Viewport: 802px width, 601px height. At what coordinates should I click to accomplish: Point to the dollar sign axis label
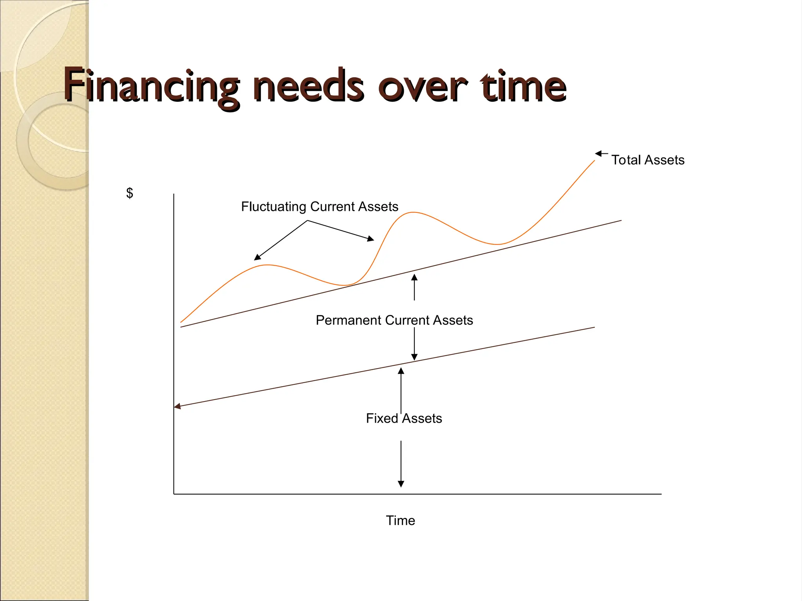[x=130, y=193]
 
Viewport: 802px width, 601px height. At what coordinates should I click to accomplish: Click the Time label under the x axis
[x=400, y=520]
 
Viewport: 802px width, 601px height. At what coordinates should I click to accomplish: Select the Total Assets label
[x=648, y=160]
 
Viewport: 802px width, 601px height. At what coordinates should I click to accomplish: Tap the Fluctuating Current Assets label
[x=320, y=207]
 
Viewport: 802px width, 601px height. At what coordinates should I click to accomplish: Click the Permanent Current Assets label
[x=394, y=320]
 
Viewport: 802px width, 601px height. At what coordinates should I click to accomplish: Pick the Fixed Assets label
[x=404, y=418]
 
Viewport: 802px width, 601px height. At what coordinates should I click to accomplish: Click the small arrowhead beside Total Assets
[x=598, y=153]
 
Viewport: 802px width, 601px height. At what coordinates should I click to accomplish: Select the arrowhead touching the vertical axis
[x=177, y=407]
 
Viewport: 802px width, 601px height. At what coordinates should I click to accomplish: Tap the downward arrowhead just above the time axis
[x=401, y=484]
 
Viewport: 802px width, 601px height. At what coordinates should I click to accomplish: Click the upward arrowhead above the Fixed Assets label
[x=401, y=371]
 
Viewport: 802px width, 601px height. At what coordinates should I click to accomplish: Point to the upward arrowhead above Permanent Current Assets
[x=414, y=277]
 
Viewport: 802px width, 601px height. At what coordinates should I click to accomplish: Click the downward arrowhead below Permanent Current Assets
[x=414, y=357]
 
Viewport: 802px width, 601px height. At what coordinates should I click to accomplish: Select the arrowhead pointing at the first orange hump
[x=257, y=257]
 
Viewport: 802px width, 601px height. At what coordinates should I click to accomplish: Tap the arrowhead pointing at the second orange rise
[x=370, y=239]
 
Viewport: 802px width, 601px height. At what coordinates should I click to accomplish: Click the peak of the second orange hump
[x=413, y=212]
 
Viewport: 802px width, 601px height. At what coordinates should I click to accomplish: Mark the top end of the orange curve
[x=594, y=161]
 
